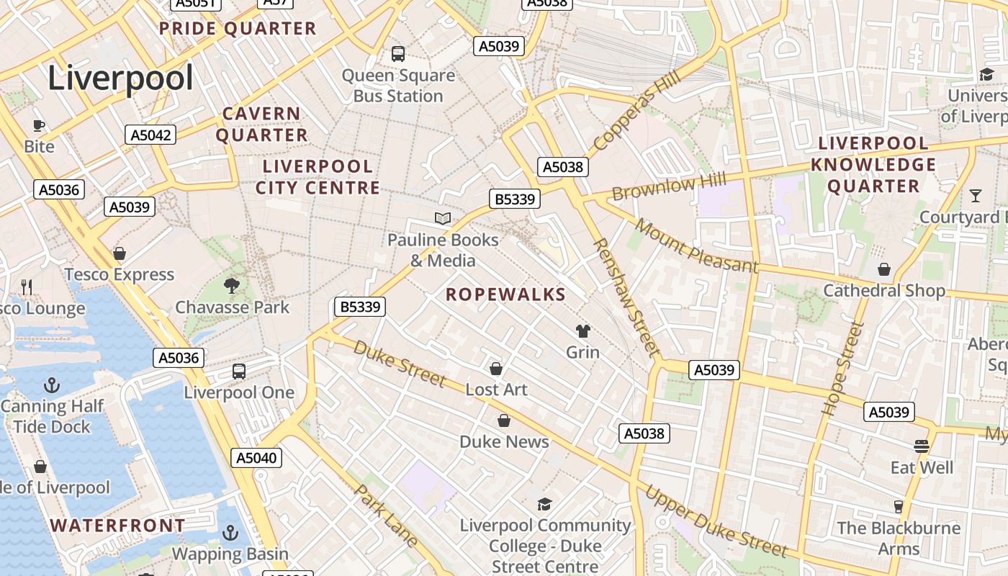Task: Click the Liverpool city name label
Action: [120, 78]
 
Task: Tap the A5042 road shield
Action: [150, 135]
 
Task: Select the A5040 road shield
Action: [257, 458]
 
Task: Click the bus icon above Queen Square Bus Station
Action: [397, 53]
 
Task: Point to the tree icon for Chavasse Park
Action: [231, 286]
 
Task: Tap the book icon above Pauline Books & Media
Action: [443, 218]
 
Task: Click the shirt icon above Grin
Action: [582, 331]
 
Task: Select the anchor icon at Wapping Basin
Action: [230, 533]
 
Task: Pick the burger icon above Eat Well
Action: [922, 446]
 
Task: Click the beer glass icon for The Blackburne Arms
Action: [898, 506]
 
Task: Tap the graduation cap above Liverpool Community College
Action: [544, 504]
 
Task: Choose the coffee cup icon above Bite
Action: [39, 126]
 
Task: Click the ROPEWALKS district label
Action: [505, 294]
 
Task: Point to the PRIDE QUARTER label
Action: [238, 29]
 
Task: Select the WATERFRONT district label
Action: [118, 526]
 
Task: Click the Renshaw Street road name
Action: [626, 297]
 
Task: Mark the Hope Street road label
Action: [842, 369]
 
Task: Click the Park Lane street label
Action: [387, 515]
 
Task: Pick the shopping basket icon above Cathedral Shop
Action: [883, 269]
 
